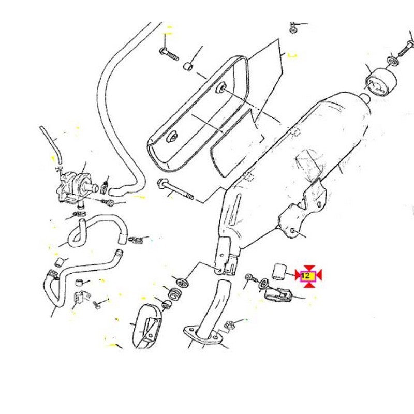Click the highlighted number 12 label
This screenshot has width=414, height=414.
[308, 276]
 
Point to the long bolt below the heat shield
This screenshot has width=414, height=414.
[175, 189]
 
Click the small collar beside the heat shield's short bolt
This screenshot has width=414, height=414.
[187, 67]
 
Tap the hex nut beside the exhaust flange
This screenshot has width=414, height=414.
[229, 325]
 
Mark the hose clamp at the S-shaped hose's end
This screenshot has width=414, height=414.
[136, 240]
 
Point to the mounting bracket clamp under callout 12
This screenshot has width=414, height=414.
[278, 295]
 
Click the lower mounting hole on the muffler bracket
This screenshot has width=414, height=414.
[292, 230]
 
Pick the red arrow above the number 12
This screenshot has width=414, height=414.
[308, 268]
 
